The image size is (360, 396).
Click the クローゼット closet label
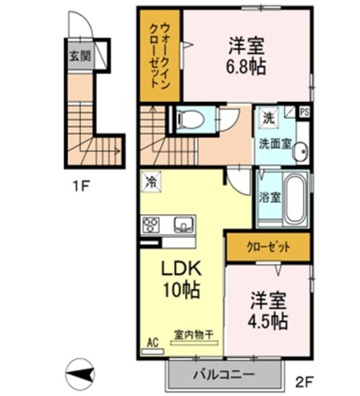[x=267, y=247]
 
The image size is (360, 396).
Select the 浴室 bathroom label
[x=269, y=197]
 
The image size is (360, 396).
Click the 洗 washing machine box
[x=269, y=118]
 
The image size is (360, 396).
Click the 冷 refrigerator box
[x=151, y=182]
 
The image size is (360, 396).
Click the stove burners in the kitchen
[x=151, y=226]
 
